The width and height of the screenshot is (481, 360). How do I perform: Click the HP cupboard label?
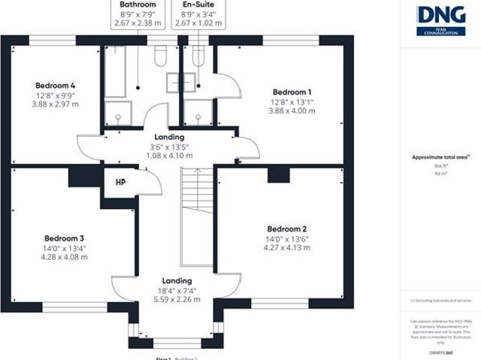[x=120, y=183]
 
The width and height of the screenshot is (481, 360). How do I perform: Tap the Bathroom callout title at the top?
[x=138, y=4]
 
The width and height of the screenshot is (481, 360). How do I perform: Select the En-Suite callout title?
[x=198, y=4]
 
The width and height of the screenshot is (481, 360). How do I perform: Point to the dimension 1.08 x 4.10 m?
[x=171, y=156]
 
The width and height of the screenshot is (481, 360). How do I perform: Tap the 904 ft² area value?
[x=440, y=165]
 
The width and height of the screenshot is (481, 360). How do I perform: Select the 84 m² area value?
[x=440, y=174]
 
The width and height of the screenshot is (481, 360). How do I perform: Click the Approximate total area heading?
[x=440, y=157]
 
